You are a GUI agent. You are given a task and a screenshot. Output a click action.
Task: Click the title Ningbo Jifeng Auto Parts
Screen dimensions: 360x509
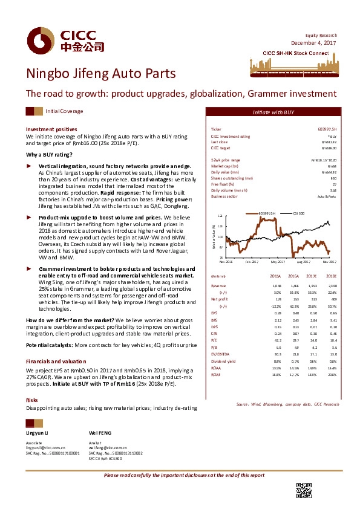pyautogui.click(x=101, y=74)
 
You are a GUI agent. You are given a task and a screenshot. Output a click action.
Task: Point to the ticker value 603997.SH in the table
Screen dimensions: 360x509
pyautogui.click(x=327, y=129)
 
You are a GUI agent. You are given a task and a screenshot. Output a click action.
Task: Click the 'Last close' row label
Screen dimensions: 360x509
pyautogui.click(x=218, y=141)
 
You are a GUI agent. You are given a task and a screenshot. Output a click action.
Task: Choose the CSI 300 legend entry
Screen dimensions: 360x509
pyautogui.click(x=299, y=213)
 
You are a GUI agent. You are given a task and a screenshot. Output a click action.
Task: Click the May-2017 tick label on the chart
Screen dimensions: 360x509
pyautogui.click(x=278, y=262)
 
